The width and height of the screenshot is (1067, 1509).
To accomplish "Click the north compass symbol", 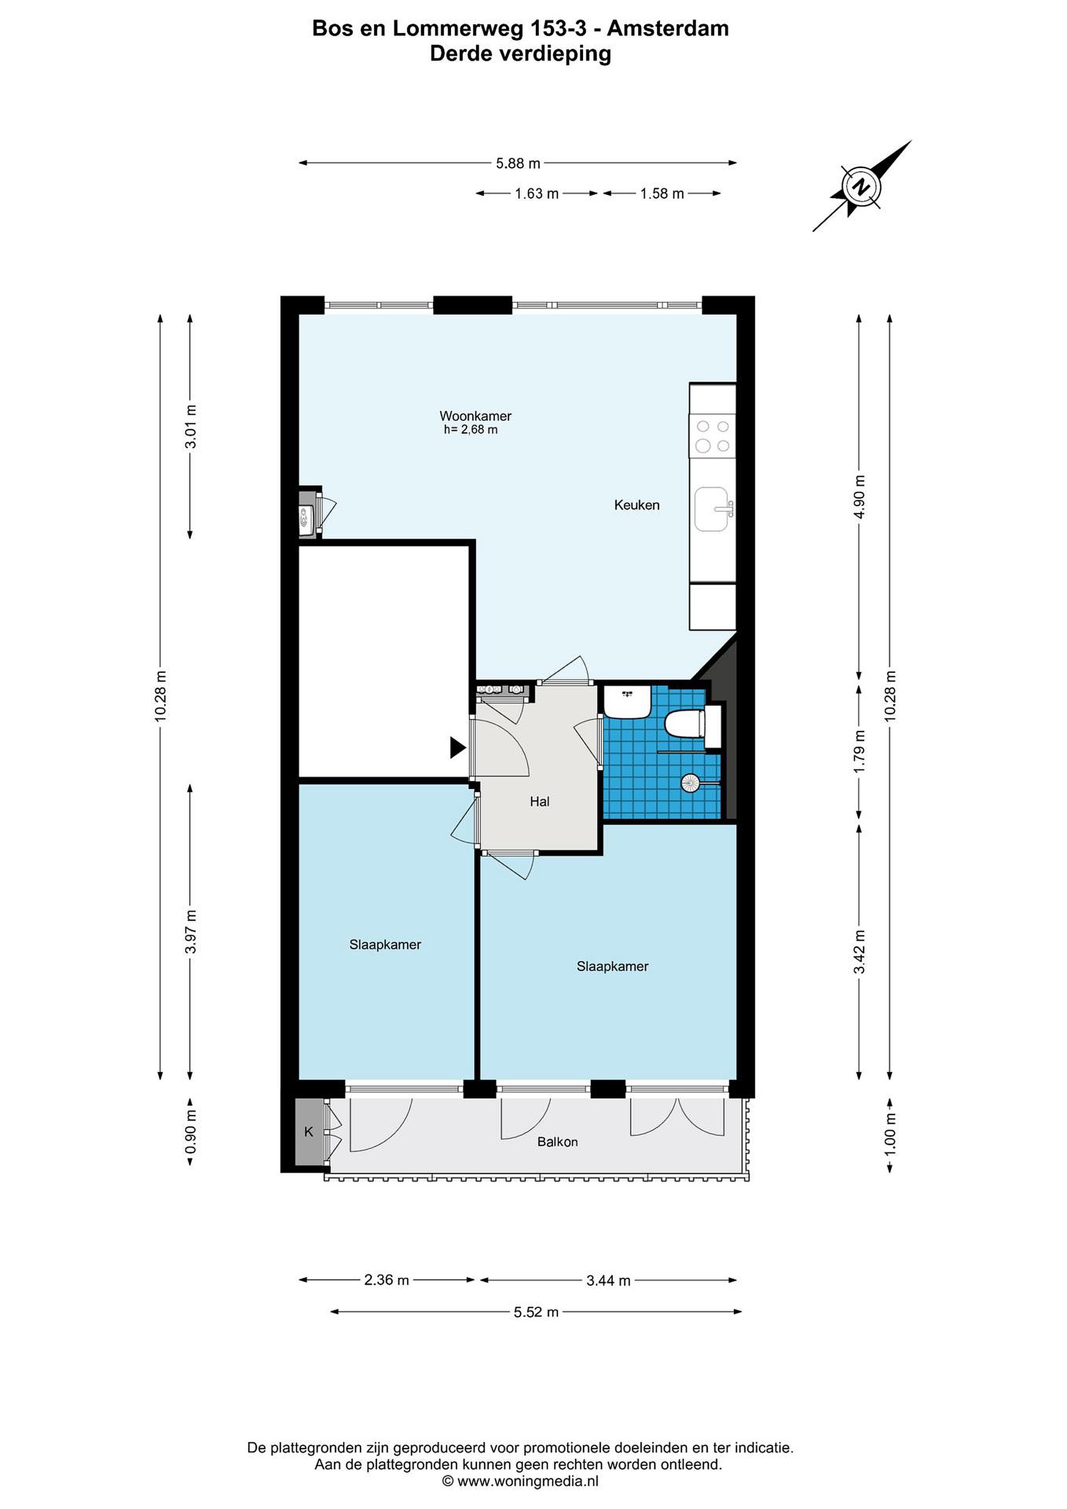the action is coord(861,187).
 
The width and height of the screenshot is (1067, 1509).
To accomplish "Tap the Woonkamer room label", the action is coord(475,416).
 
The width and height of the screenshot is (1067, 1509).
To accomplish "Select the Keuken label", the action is coord(636,505).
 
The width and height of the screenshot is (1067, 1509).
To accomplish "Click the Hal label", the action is coord(540,801).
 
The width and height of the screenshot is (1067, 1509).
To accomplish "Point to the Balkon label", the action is coord(557,1142).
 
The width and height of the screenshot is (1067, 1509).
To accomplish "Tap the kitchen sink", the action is coord(713,509).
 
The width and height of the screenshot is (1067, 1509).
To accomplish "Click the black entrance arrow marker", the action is coord(457,747).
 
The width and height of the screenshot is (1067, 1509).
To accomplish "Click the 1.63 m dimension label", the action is coord(536,193).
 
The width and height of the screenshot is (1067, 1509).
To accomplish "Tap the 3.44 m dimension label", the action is coord(608,1280).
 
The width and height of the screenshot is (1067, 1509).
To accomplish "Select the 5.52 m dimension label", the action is coord(536,1312).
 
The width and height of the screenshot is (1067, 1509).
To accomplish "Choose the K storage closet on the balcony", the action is coord(309,1132).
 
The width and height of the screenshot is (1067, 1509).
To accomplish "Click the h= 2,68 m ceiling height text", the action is coord(470,430).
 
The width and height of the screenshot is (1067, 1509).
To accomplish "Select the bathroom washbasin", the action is coord(628,702).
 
